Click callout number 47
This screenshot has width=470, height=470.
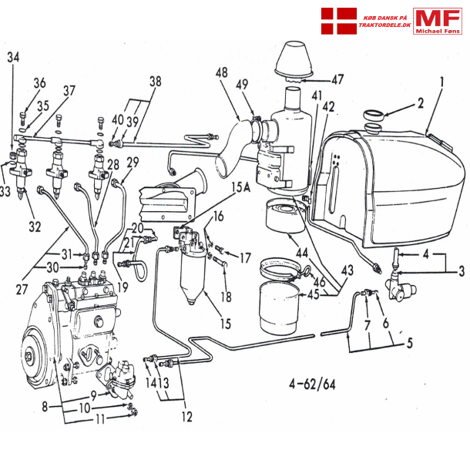337,79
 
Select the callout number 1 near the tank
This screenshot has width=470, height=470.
442,80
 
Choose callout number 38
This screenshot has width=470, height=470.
156,81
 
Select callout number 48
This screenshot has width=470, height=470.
222,73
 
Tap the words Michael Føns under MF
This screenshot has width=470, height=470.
438,31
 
